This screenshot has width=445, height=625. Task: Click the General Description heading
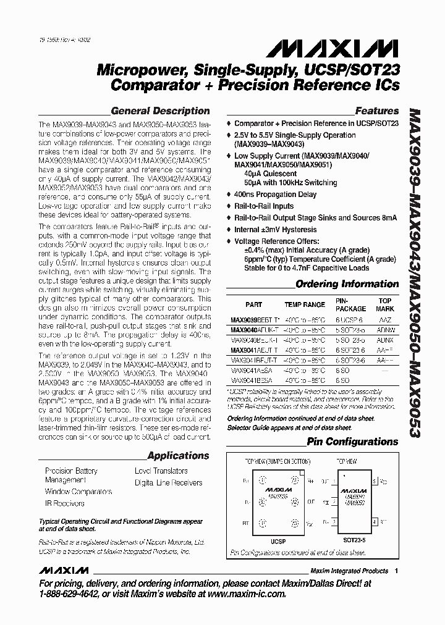pyautogui.click(x=160, y=111)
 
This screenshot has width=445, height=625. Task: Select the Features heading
pyautogui.click(x=376, y=111)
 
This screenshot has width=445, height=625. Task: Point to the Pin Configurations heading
pyautogui.click(x=353, y=442)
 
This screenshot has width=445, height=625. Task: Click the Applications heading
pyautogui.click(x=178, y=456)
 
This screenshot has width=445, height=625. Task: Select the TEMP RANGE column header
pyautogui.click(x=304, y=305)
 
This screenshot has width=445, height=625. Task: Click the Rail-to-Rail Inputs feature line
pyautogui.click(x=264, y=206)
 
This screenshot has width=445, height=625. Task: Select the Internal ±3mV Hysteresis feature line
pyautogui.click(x=276, y=229)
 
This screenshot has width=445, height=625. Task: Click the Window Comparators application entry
pyautogui.click(x=78, y=492)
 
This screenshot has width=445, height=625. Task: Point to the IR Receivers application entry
pyautogui.click(x=65, y=503)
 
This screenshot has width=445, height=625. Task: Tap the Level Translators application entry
pyautogui.click(x=161, y=471)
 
